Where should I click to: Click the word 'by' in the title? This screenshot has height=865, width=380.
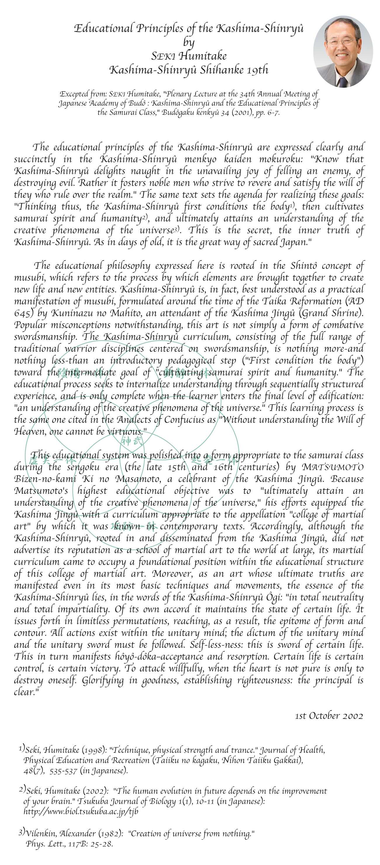click(189, 42)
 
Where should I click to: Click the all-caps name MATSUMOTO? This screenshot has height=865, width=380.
click(333, 467)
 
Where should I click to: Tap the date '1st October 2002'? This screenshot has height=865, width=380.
click(329, 716)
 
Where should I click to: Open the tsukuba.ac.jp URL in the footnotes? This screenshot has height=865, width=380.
click(81, 811)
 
